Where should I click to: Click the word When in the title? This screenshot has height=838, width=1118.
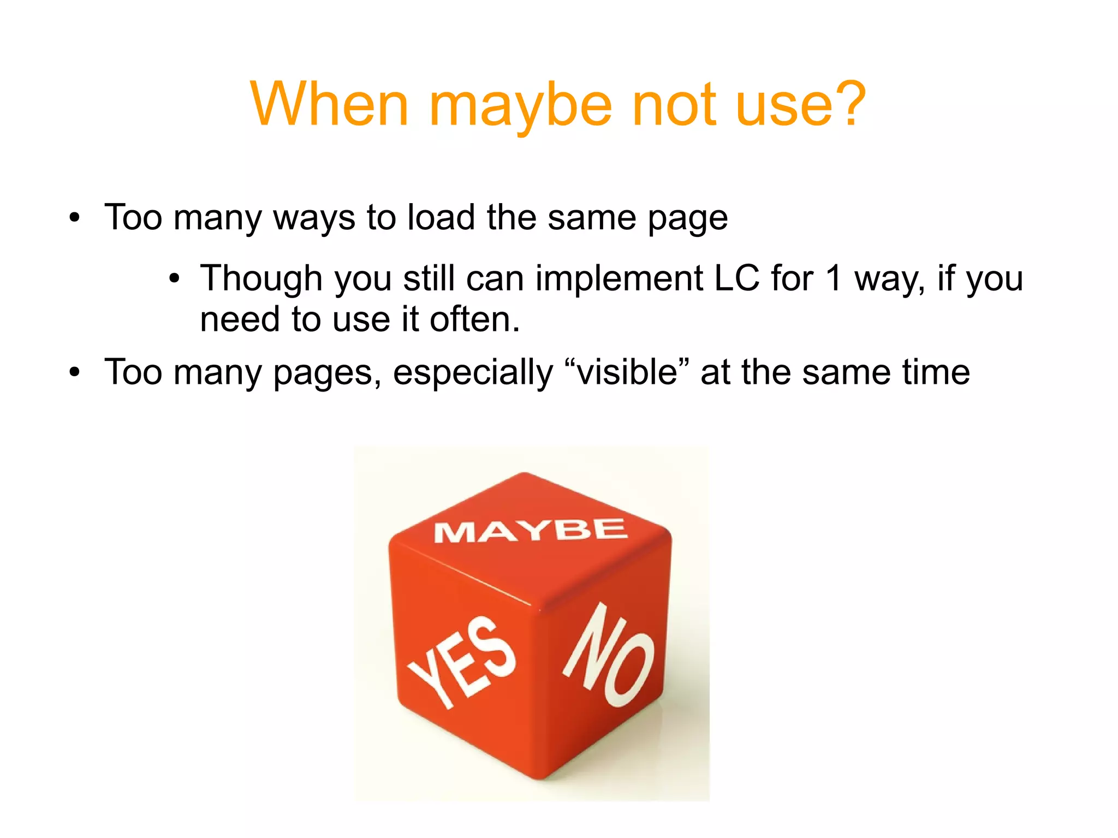(329, 104)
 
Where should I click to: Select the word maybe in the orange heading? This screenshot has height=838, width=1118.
(521, 106)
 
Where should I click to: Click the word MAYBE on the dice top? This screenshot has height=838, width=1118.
(531, 531)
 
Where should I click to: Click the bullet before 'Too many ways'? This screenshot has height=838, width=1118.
(75, 218)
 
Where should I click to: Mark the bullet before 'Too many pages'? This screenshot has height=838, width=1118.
(75, 373)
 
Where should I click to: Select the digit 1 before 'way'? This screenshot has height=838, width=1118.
(834, 278)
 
